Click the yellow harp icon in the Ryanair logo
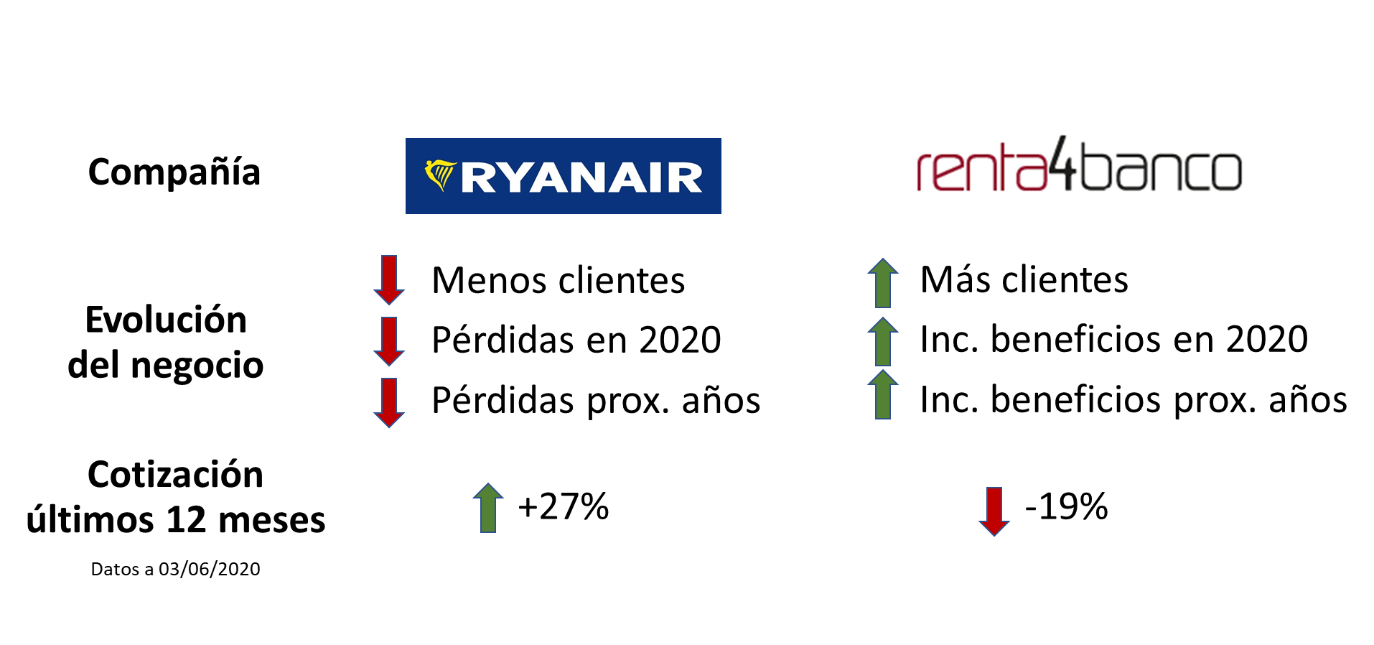click(x=440, y=175)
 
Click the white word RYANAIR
click(x=581, y=178)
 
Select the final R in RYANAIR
click(x=685, y=178)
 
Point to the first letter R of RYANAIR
click(x=478, y=178)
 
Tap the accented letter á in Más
click(x=966, y=279)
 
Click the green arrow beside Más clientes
click(x=883, y=282)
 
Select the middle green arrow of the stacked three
click(x=883, y=341)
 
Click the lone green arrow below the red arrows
click(x=488, y=507)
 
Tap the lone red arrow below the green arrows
click(x=994, y=511)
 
